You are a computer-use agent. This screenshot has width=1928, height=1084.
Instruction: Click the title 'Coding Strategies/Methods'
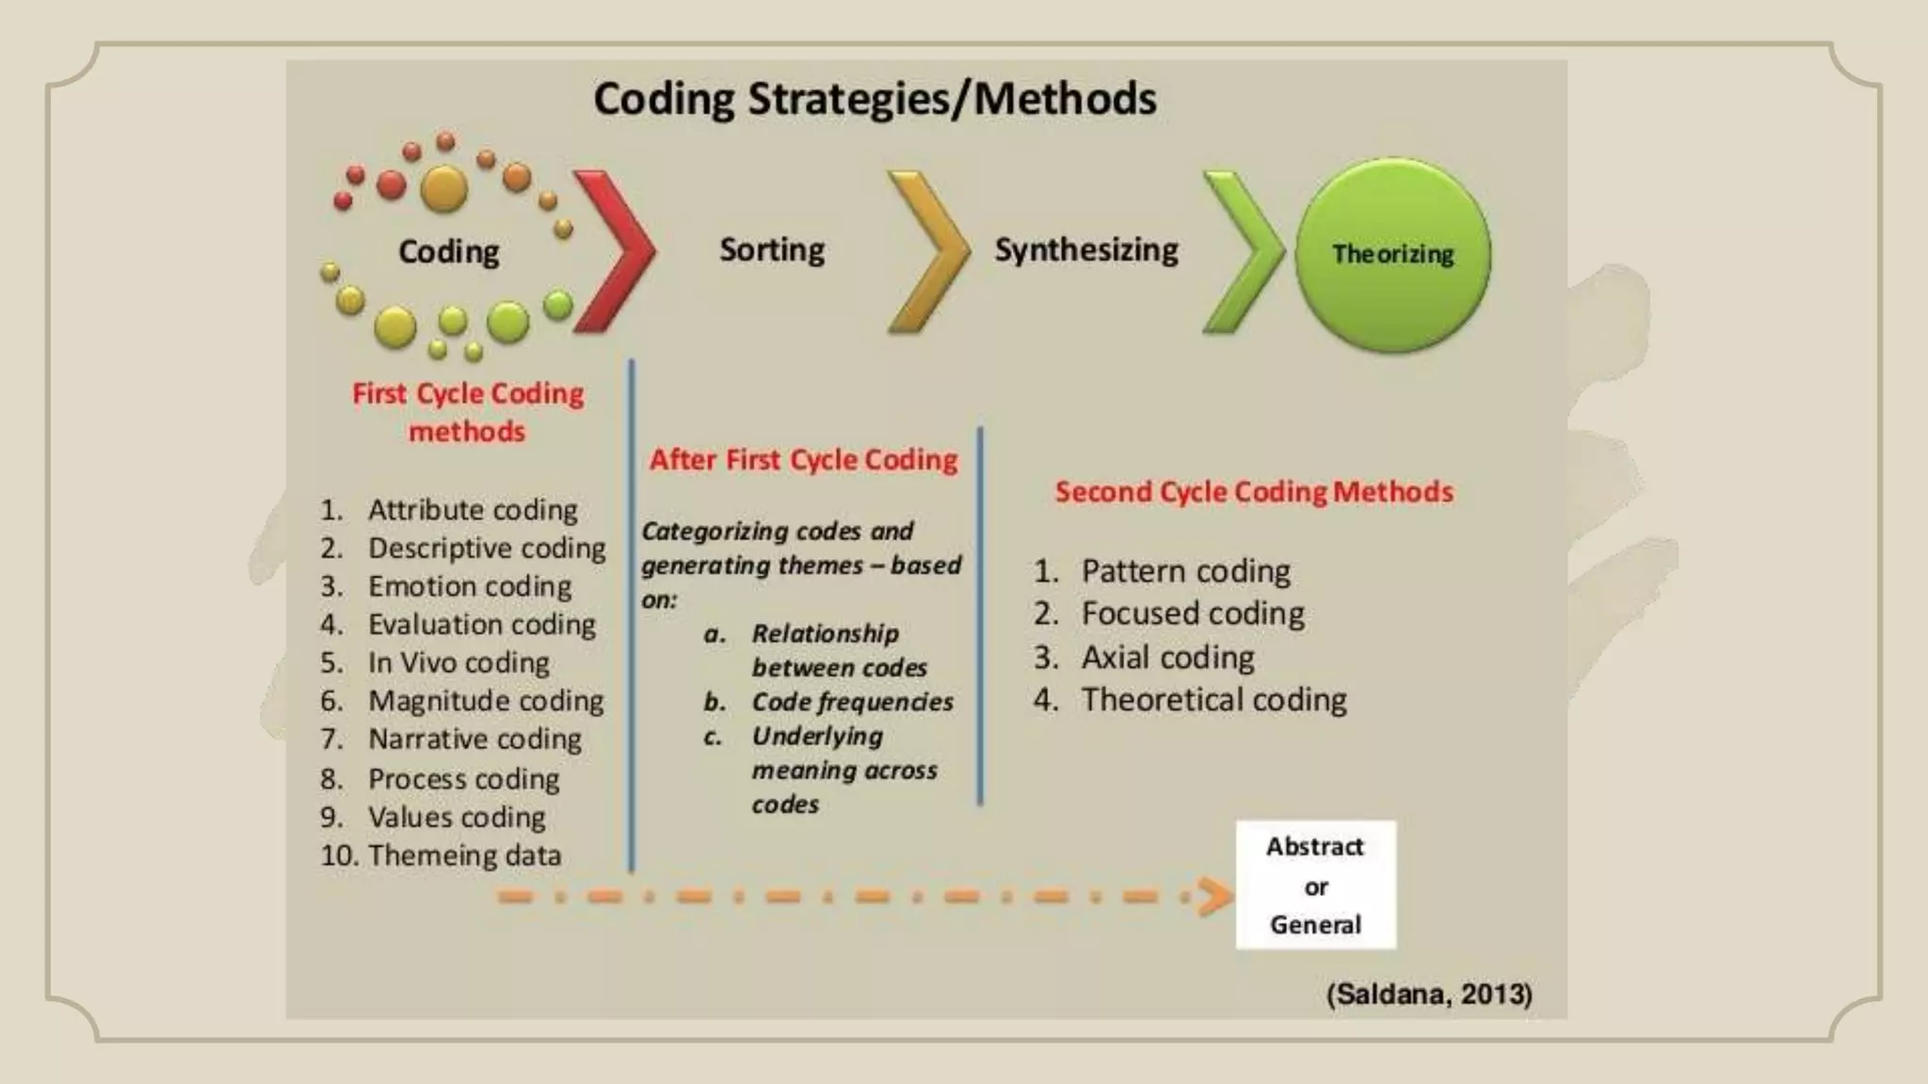[x=875, y=99]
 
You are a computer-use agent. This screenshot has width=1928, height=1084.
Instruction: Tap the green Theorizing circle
[x=1392, y=255]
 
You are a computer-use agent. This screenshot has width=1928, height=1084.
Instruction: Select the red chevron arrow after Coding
[x=617, y=251]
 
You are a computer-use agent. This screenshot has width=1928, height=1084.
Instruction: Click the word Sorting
[x=772, y=250]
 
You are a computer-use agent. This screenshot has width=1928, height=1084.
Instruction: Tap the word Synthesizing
[x=1086, y=250]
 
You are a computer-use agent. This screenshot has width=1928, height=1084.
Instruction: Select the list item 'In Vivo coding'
[x=458, y=662]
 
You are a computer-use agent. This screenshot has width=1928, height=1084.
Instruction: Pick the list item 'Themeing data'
[x=464, y=855]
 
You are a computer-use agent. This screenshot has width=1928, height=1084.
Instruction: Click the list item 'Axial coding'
[x=1167, y=657]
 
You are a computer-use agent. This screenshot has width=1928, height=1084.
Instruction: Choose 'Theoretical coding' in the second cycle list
[x=1213, y=700]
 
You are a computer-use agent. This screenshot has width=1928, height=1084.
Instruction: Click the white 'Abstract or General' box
[x=1315, y=885]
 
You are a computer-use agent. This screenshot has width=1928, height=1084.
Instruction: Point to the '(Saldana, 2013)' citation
[x=1429, y=995]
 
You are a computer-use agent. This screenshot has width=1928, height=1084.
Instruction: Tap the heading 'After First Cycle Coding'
[x=804, y=460]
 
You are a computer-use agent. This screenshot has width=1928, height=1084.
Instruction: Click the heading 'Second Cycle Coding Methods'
[x=1254, y=492]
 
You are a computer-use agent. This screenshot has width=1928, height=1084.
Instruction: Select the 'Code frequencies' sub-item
[x=852, y=702]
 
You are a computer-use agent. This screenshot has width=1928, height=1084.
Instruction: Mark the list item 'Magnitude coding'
[x=486, y=701]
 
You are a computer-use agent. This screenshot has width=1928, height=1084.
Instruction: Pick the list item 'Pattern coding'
[x=1185, y=571]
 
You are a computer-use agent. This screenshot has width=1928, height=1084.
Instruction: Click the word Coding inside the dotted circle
[x=449, y=252]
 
